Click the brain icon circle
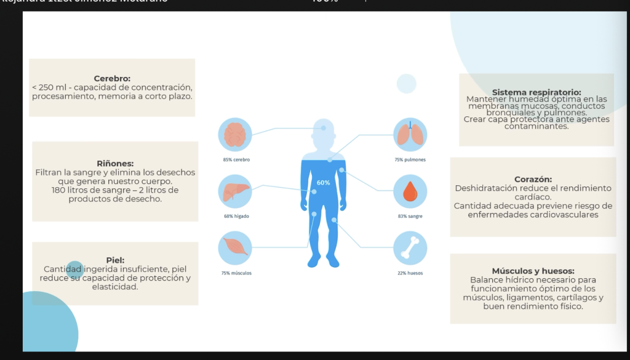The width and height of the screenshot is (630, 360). (x=235, y=135)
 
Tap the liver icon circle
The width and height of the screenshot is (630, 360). (x=235, y=191)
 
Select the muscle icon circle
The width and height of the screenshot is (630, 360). (x=235, y=248)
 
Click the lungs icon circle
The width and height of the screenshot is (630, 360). (x=410, y=135)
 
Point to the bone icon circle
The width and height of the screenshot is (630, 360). (x=410, y=248)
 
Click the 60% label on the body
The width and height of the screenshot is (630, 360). (x=323, y=183)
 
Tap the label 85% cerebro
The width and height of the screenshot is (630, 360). (x=236, y=159)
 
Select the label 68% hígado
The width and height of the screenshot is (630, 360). (x=236, y=216)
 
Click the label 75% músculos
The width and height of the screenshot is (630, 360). (x=236, y=273)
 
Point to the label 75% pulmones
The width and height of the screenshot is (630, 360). (x=410, y=159)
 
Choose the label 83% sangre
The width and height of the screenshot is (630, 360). (x=410, y=216)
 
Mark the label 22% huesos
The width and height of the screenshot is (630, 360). (x=410, y=273)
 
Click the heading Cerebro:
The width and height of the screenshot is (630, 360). (x=112, y=79)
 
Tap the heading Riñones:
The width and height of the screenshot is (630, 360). (x=115, y=164)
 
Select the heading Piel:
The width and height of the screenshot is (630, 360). (x=115, y=260)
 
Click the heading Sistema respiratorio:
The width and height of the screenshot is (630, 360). (x=536, y=92)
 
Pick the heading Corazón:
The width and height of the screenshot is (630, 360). (x=533, y=179)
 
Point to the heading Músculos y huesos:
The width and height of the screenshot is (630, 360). (x=533, y=271)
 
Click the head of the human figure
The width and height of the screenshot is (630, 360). (x=324, y=132)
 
